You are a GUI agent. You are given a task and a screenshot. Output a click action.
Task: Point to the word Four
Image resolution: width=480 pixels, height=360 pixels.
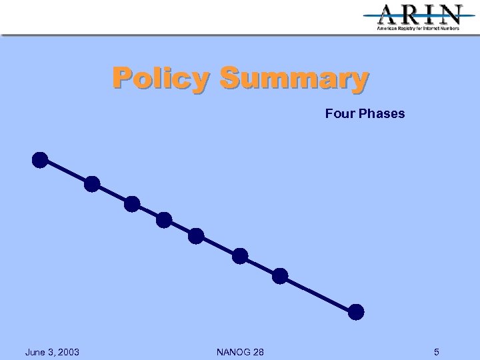click(340, 113)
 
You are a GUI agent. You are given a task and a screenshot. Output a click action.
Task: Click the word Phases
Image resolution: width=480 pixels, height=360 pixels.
click(381, 113)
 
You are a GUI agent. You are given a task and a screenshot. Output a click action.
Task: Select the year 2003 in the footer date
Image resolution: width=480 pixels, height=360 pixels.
click(68, 352)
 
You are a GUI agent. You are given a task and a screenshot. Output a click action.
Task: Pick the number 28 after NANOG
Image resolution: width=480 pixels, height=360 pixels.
click(258, 352)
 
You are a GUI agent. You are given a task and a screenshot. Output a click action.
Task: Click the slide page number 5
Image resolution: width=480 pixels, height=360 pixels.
click(436, 352)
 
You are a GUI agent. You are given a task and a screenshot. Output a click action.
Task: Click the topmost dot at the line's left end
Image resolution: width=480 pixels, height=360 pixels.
click(40, 160)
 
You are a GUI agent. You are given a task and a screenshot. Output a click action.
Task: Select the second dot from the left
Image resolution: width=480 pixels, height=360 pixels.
click(92, 183)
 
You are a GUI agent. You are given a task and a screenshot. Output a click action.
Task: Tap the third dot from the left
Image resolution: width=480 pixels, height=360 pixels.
click(132, 204)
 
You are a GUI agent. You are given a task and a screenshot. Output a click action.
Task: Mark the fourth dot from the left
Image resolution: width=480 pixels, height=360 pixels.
click(164, 220)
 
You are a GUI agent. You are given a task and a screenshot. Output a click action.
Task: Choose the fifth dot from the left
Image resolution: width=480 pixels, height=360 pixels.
click(196, 235)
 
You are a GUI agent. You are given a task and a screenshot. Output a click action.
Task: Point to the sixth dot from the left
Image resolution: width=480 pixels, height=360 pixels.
click(240, 256)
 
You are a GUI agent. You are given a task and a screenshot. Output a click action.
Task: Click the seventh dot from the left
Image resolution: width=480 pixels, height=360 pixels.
click(280, 275)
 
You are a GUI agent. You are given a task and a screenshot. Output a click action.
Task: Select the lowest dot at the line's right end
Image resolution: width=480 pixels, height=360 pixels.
click(357, 311)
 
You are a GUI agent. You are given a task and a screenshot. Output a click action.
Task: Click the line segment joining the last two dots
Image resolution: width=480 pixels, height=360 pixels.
click(319, 293)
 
